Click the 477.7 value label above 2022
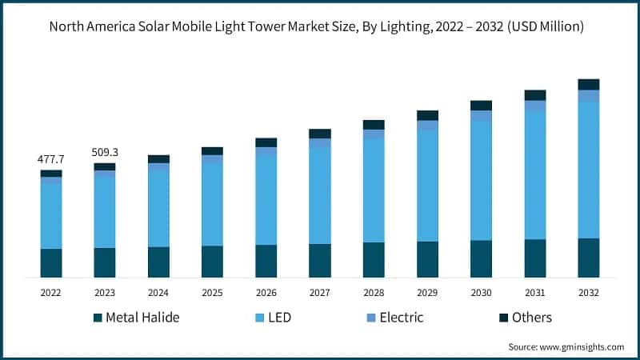click(x=51, y=160)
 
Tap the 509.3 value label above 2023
click(x=105, y=152)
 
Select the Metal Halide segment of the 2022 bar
click(x=51, y=262)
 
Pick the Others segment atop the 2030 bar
click(x=481, y=106)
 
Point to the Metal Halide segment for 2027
click(x=320, y=260)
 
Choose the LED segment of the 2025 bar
click(x=212, y=205)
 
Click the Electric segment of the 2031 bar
click(x=535, y=106)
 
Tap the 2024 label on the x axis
click(x=158, y=293)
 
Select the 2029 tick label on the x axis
click(x=427, y=293)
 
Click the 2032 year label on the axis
click(x=589, y=293)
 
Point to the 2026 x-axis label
click(x=266, y=293)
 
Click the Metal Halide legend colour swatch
click(x=98, y=318)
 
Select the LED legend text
click(x=279, y=318)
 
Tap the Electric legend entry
click(x=401, y=318)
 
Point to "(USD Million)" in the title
click(x=546, y=26)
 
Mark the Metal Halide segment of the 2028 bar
click(x=374, y=259)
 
